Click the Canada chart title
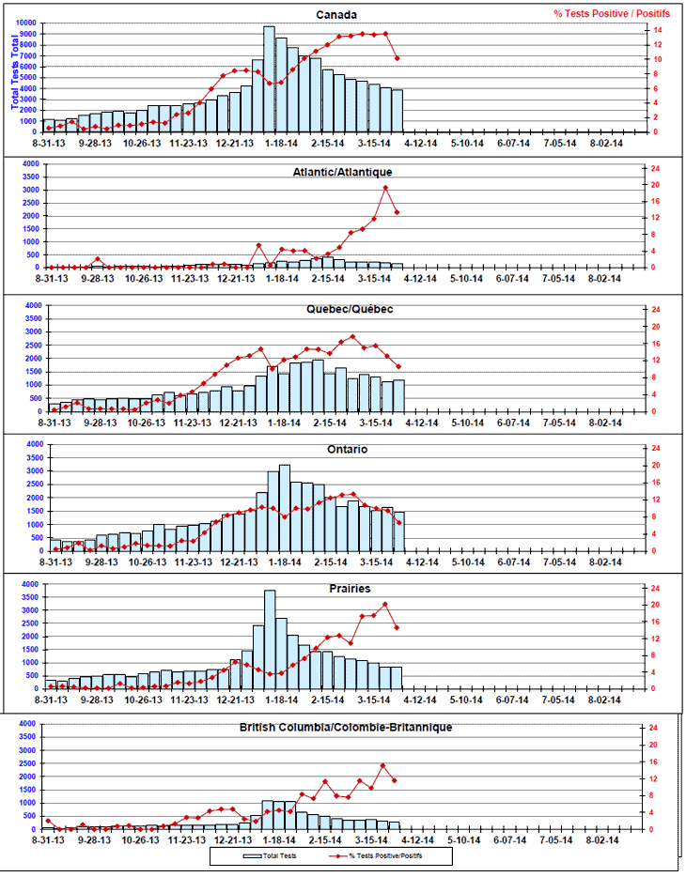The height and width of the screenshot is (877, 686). (336, 15)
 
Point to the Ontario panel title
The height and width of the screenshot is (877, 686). (349, 449)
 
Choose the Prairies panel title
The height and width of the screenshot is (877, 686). (349, 589)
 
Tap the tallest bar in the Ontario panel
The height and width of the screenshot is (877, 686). (284, 507)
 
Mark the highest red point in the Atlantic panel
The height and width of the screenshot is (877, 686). (385, 187)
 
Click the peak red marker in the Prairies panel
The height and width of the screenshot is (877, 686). (385, 604)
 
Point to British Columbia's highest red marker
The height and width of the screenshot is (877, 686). (383, 766)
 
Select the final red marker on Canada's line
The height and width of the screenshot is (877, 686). (398, 58)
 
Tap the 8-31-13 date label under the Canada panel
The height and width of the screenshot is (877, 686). (48, 144)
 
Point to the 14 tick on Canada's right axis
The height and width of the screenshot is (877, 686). (660, 30)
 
